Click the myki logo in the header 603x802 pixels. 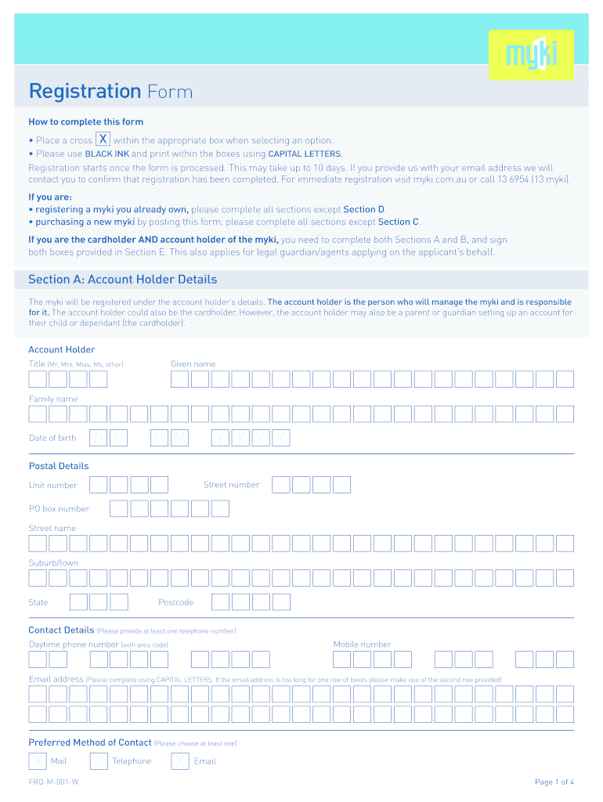(531, 55)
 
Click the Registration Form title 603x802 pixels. (110, 92)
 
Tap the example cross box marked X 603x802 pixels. (103, 139)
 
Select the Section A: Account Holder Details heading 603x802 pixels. (123, 280)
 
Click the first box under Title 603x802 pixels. (38, 379)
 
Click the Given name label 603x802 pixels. (193, 364)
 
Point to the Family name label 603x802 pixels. (53, 399)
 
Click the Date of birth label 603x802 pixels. (52, 438)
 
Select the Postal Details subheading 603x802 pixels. (59, 466)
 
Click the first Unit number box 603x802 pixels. (99, 485)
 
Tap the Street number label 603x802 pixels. (231, 485)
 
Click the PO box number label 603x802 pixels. (59, 509)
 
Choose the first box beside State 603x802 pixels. (78, 602)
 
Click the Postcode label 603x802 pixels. (175, 602)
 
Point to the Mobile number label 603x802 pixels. (362, 645)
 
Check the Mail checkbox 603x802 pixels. (38, 761)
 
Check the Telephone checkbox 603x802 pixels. (99, 761)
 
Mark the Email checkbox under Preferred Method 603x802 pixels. (180, 761)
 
